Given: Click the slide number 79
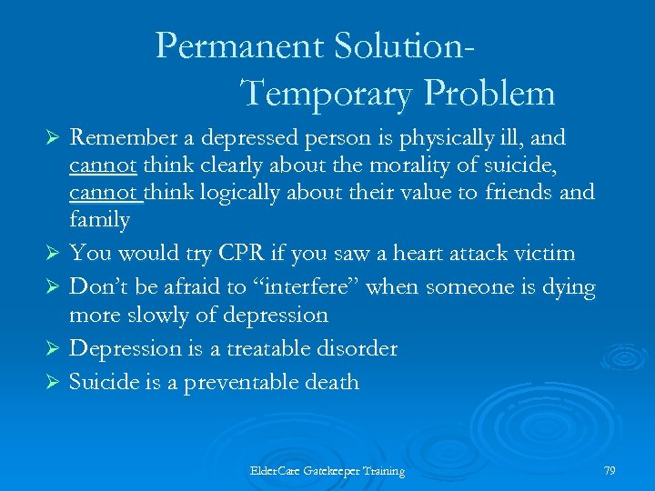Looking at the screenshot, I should (610, 469).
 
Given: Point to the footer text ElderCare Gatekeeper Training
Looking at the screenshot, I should (327, 470).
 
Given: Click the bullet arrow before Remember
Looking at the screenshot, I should (53, 139).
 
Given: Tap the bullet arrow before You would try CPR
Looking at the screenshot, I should (53, 254).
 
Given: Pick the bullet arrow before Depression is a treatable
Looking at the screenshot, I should (53, 349).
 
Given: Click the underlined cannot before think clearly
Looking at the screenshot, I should (103, 165).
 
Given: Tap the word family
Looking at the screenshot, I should (99, 219).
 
